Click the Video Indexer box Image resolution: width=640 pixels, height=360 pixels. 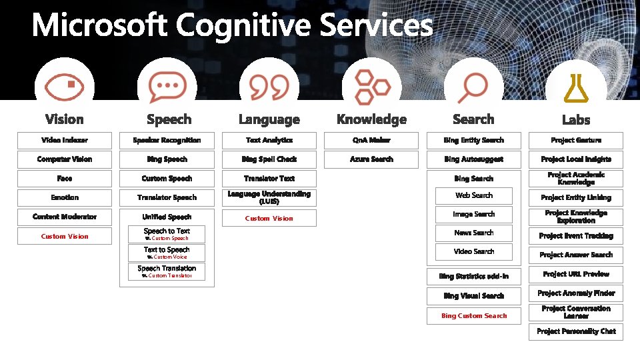click(65, 140)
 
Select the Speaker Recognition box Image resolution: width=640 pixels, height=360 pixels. click(167, 140)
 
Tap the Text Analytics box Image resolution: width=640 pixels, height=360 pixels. click(269, 140)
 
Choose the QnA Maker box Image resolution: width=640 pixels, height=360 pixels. click(371, 140)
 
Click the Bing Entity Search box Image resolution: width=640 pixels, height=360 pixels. click(473, 140)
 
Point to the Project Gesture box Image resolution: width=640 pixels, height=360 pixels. click(576, 140)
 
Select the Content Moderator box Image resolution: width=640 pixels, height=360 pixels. click(65, 217)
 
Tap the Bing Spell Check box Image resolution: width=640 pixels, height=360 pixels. click(269, 159)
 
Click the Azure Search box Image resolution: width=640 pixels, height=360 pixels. click(371, 159)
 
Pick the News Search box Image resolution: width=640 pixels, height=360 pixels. click(474, 233)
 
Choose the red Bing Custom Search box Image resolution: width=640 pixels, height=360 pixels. click(474, 315)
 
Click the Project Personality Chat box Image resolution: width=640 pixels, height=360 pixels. click(576, 331)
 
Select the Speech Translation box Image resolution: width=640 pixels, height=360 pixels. click(167, 271)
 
